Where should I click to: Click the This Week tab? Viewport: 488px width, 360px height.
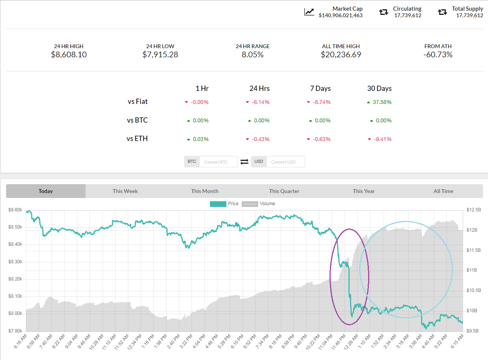click(x=125, y=191)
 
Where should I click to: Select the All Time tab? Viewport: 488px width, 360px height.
click(x=443, y=191)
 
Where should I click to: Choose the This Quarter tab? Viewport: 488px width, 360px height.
click(x=284, y=191)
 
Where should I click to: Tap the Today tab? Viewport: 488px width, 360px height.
click(x=46, y=191)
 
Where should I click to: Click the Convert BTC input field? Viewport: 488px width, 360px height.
click(x=218, y=162)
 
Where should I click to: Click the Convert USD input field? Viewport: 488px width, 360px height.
click(x=286, y=162)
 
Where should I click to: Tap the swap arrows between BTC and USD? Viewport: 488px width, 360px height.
click(x=244, y=162)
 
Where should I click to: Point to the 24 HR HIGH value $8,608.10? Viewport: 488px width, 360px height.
click(x=69, y=55)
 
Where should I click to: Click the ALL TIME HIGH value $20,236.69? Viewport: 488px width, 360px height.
click(x=341, y=55)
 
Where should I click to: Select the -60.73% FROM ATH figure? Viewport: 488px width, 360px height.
click(x=438, y=55)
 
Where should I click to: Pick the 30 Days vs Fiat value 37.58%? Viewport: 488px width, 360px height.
click(x=381, y=102)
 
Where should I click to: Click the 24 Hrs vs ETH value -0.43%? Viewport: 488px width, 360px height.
click(x=261, y=139)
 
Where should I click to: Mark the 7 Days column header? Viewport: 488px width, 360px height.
click(x=320, y=89)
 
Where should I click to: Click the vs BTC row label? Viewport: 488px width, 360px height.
click(x=137, y=120)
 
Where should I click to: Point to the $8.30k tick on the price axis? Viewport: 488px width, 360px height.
click(x=16, y=262)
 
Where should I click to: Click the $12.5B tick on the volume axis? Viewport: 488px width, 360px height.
click(x=474, y=210)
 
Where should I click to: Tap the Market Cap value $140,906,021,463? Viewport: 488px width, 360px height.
click(x=341, y=15)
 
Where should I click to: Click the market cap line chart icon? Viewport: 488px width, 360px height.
click(x=309, y=12)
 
